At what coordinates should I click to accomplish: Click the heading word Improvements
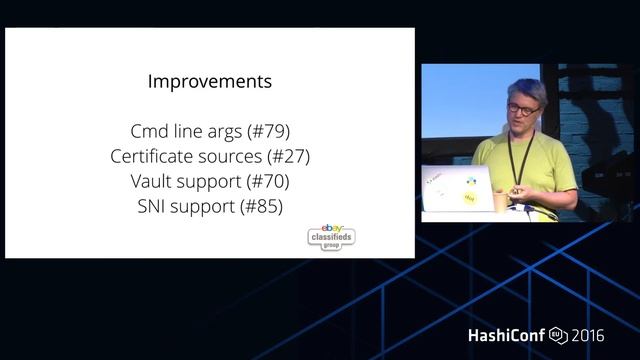(x=209, y=80)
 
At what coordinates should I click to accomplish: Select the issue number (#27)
(x=288, y=156)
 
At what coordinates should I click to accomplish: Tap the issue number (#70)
(x=267, y=181)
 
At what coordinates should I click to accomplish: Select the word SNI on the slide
(x=153, y=206)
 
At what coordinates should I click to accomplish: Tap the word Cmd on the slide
(x=150, y=131)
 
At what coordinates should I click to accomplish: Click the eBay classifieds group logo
(x=331, y=237)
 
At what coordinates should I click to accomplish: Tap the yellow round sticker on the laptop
(x=470, y=199)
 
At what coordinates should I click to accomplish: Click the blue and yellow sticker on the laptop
(x=469, y=182)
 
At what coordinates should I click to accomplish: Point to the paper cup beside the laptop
(x=501, y=200)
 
